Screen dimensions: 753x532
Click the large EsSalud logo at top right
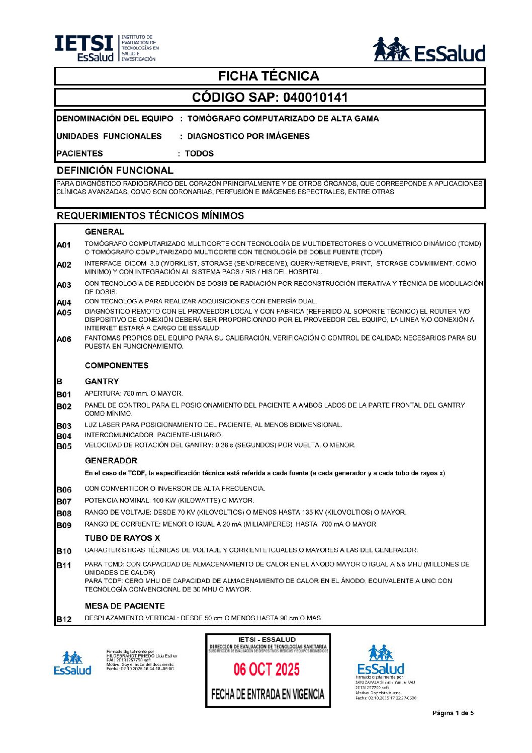429,50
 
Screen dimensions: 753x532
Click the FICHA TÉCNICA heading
269,76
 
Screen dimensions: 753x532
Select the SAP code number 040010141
315,97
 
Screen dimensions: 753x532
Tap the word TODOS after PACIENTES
199,153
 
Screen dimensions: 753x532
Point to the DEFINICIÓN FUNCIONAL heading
115,171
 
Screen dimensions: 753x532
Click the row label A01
64,245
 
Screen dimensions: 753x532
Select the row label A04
64,303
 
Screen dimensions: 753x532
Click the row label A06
64,339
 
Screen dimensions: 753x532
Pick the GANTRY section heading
102,381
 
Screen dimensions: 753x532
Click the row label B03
64,426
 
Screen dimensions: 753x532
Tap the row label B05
64,446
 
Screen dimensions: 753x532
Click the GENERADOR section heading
111,461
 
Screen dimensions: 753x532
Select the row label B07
64,501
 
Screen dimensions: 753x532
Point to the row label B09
64,525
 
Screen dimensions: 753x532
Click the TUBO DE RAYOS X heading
122,538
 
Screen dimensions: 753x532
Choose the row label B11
64,565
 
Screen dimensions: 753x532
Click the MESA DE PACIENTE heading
125,606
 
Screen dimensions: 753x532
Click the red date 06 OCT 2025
267,670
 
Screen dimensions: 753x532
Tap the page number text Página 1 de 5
453,713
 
